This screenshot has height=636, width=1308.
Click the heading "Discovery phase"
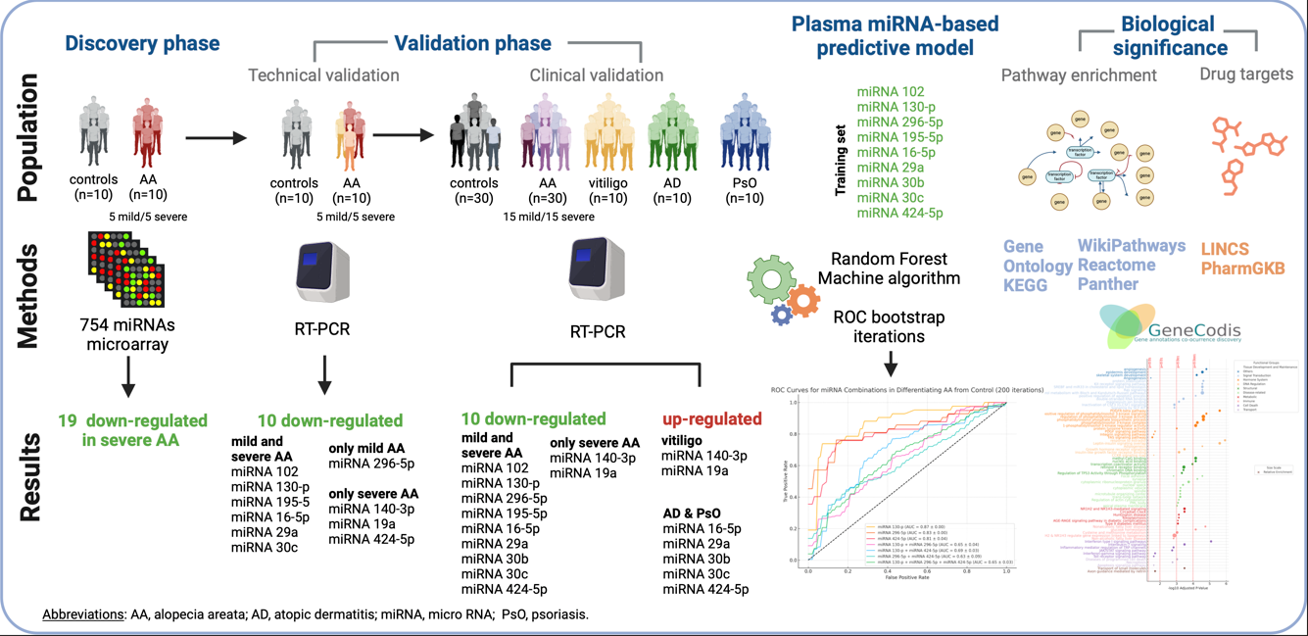click(142, 43)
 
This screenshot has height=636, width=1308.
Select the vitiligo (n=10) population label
click(609, 191)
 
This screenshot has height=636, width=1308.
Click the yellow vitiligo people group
click(609, 132)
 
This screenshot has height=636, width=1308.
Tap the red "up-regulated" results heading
click(711, 418)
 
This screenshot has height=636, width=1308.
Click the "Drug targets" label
click(1246, 74)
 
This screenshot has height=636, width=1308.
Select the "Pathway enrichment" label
click(1079, 74)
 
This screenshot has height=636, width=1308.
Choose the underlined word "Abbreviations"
click(83, 614)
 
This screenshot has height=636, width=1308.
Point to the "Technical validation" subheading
click(323, 75)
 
